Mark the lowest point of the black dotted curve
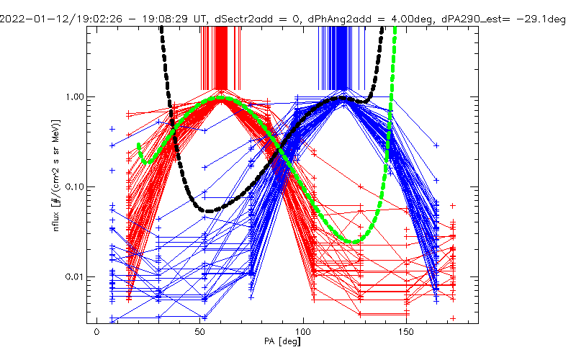210,211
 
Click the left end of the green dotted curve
138,145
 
